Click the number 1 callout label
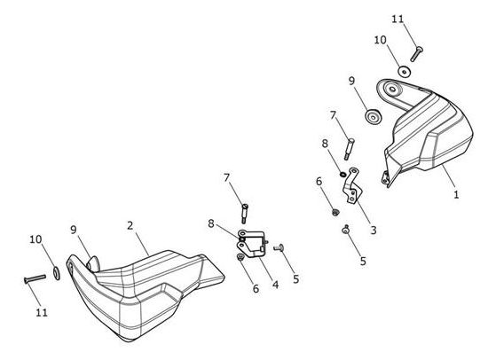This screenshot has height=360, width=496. click(456, 194)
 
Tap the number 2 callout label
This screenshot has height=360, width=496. click(130, 226)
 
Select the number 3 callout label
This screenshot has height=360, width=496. click(374, 230)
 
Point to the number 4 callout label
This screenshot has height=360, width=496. click(276, 285)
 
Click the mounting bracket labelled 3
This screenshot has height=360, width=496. click(352, 187)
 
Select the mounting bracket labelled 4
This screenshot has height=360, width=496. click(251, 243)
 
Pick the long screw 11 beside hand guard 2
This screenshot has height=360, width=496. click(35, 278)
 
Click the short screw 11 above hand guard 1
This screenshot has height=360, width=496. click(417, 53)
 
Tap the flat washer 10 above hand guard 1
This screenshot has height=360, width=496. click(404, 72)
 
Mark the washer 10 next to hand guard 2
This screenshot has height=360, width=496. click(57, 273)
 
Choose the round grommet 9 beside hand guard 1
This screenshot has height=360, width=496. click(374, 116)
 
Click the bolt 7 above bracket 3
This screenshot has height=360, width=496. click(350, 149)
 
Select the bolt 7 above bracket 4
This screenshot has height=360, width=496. click(245, 214)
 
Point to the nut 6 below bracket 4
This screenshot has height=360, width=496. click(240, 258)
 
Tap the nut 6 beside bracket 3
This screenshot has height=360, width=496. click(335, 212)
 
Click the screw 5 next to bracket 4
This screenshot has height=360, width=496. click(279, 247)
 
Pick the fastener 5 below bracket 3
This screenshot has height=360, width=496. click(345, 230)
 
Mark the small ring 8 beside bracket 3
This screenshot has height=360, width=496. click(342, 174)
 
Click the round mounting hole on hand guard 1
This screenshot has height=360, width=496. click(392, 89)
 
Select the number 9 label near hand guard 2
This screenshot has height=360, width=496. click(74, 230)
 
